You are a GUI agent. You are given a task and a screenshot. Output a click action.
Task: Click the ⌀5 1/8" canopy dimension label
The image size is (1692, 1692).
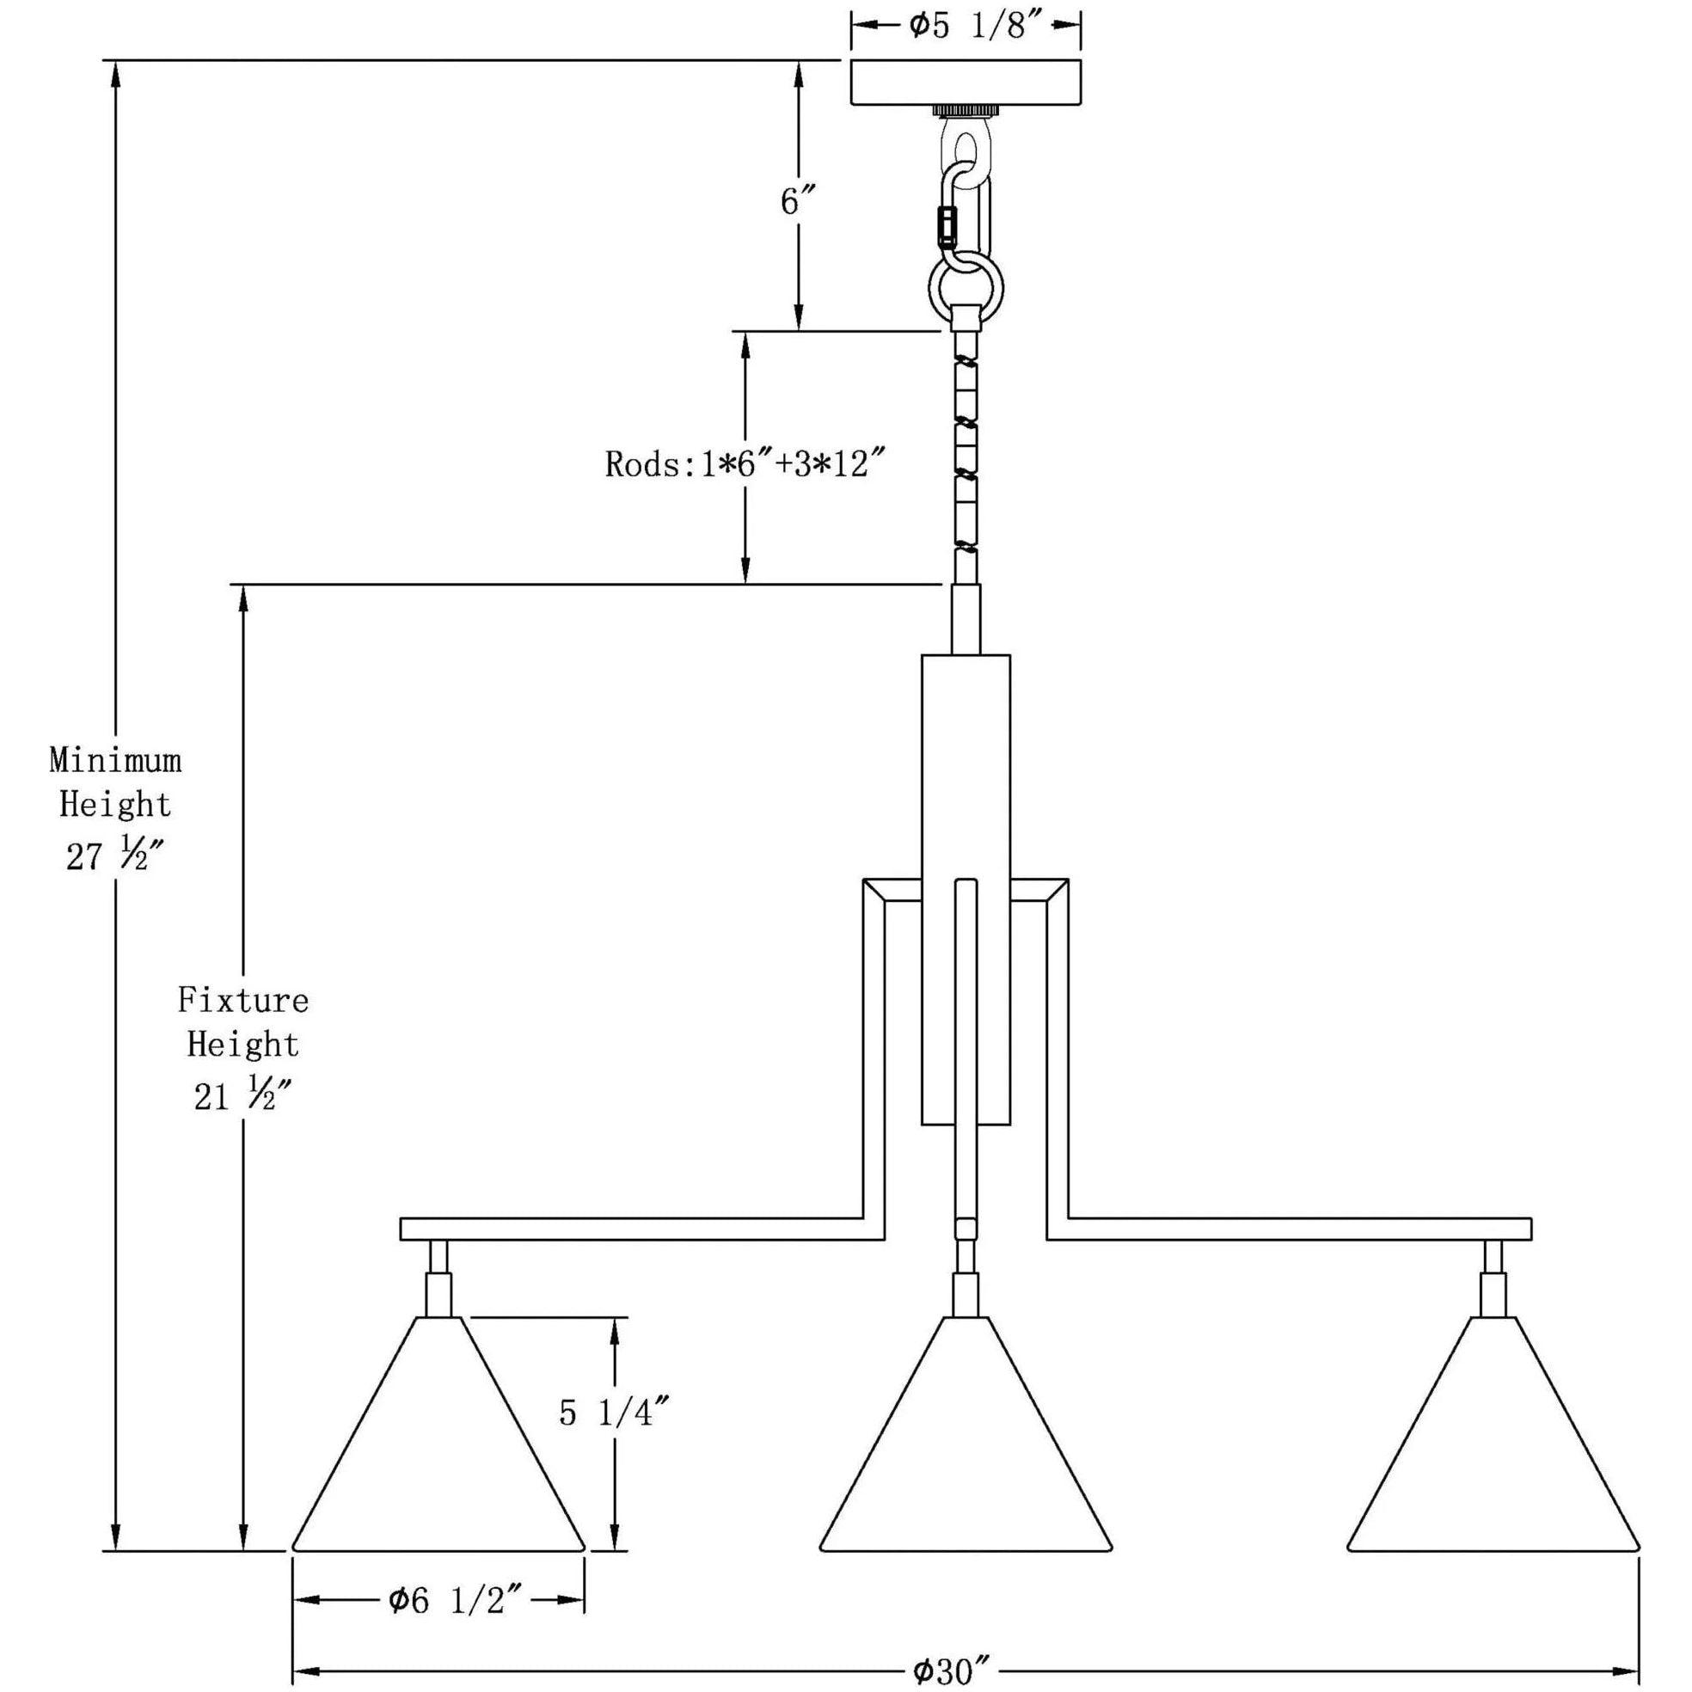[x=966, y=27]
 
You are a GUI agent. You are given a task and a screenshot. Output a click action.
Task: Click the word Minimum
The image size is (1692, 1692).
[x=115, y=761]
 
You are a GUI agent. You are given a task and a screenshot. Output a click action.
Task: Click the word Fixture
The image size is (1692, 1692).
[x=243, y=1000]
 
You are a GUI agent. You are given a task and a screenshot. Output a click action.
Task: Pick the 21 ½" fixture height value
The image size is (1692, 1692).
[x=243, y=1096]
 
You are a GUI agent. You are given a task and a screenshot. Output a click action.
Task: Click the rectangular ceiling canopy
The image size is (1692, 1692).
[x=966, y=83]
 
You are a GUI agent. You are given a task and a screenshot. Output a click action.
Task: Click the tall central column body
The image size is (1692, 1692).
[x=966, y=788]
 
